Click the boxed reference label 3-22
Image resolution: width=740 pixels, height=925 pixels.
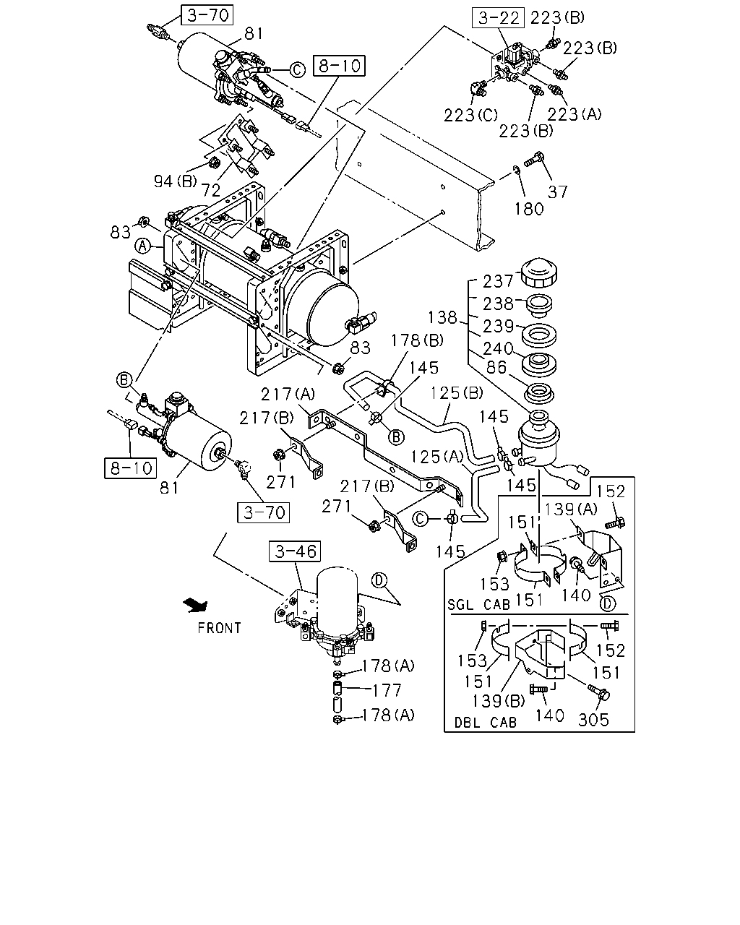coord(498,18)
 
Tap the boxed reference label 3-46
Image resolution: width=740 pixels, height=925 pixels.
coord(295,551)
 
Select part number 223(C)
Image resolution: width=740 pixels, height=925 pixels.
coord(470,115)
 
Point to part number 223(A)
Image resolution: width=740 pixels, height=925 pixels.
coord(574,114)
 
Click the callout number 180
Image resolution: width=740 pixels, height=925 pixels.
coord(529,210)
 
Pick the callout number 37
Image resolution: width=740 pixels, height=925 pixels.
coord(557,192)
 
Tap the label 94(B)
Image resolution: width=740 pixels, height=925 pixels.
coord(175,181)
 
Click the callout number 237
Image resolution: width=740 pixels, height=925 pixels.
coord(498,282)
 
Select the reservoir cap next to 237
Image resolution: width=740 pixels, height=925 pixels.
coord(539,272)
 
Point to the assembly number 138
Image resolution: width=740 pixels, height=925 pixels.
coord(442,318)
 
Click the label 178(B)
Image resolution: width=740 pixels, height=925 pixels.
coord(417,341)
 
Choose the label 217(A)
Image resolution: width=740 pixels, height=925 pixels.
coord(288,394)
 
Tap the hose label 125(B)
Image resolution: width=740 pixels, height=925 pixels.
coord(457,393)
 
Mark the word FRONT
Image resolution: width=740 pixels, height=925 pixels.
coord(219,629)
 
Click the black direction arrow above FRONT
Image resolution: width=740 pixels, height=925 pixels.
coord(196,605)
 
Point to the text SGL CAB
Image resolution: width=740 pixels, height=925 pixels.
coord(478,605)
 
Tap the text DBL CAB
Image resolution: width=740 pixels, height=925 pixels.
coord(486,723)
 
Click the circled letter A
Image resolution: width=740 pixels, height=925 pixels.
coord(143,246)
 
